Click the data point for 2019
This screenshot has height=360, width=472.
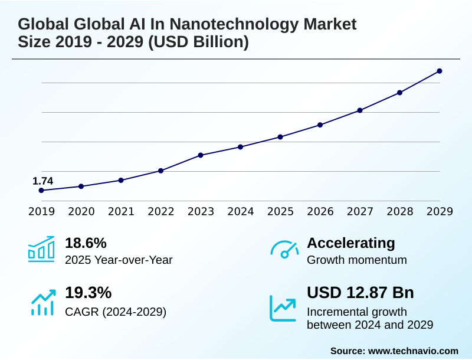click(x=41, y=191)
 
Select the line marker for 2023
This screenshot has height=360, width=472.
click(x=201, y=155)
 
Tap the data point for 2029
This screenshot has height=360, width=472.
click(x=440, y=71)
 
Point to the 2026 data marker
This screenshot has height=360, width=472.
click(x=320, y=125)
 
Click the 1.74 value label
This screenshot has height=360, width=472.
click(x=42, y=181)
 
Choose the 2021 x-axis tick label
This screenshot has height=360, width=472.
click(x=121, y=212)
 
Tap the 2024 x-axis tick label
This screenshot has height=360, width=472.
click(x=241, y=212)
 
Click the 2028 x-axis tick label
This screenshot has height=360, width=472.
click(x=400, y=212)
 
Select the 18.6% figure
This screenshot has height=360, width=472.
click(x=86, y=243)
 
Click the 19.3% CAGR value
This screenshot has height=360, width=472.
click(x=88, y=293)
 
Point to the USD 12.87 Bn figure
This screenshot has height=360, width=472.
click(x=360, y=293)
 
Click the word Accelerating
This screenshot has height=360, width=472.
click(x=351, y=243)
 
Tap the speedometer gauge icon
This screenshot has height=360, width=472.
click(x=284, y=250)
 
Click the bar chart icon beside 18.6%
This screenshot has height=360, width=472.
click(x=41, y=249)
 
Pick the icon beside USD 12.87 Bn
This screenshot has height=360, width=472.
click(x=283, y=307)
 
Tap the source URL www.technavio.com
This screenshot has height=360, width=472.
click(x=413, y=351)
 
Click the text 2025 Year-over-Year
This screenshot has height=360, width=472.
click(x=119, y=260)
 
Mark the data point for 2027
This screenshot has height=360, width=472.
click(x=360, y=110)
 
